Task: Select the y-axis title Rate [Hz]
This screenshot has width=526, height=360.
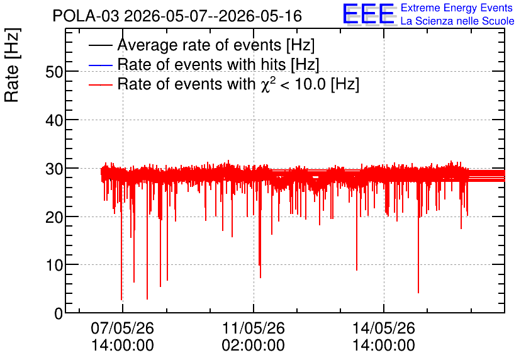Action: click(12, 65)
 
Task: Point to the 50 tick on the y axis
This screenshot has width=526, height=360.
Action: click(54, 72)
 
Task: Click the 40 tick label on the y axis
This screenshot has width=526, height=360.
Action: click(54, 120)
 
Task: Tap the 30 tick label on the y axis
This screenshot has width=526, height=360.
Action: click(54, 169)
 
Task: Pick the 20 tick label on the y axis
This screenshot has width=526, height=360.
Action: click(54, 217)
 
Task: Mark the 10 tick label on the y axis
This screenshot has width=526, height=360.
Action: click(54, 266)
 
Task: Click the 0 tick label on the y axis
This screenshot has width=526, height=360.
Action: click(59, 313)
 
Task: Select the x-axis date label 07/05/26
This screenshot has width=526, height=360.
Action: click(123, 328)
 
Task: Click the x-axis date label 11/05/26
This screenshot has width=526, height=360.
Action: click(254, 328)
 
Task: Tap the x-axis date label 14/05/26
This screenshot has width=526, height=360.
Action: click(384, 328)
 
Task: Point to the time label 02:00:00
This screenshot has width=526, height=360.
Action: click(254, 345)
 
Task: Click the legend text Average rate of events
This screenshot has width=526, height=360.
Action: click(216, 45)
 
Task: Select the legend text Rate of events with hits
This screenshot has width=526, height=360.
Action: click(218, 64)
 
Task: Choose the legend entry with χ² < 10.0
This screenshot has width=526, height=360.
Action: click(238, 84)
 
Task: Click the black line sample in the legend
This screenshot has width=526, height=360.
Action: click(101, 45)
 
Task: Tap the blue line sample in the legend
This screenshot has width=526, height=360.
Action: click(101, 65)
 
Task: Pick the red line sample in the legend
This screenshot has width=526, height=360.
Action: click(101, 84)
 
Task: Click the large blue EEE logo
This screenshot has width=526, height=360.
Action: click(369, 14)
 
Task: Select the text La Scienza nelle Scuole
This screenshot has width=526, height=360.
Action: click(457, 21)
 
